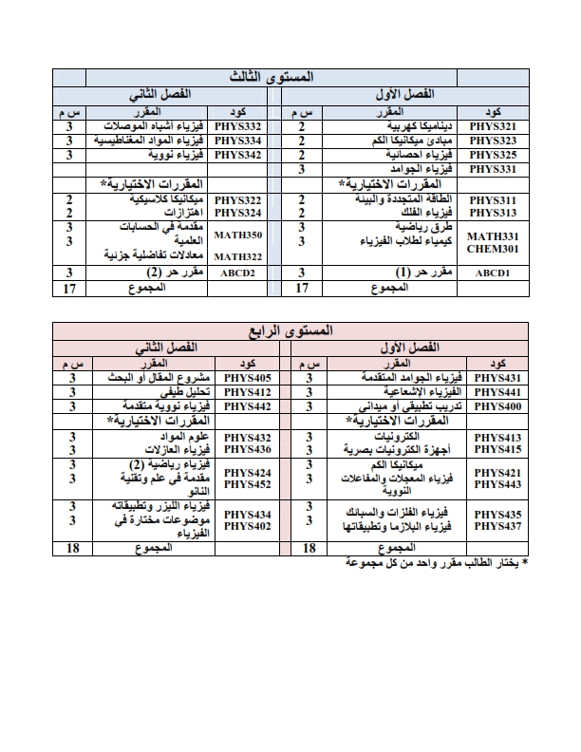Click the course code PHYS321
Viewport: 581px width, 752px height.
coord(494,126)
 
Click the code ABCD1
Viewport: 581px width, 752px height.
coord(494,273)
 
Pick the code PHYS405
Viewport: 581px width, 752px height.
coord(244,378)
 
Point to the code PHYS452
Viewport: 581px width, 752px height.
coord(244,484)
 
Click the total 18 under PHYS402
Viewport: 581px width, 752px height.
coord(70,549)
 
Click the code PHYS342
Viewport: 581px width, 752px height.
coord(237,154)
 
